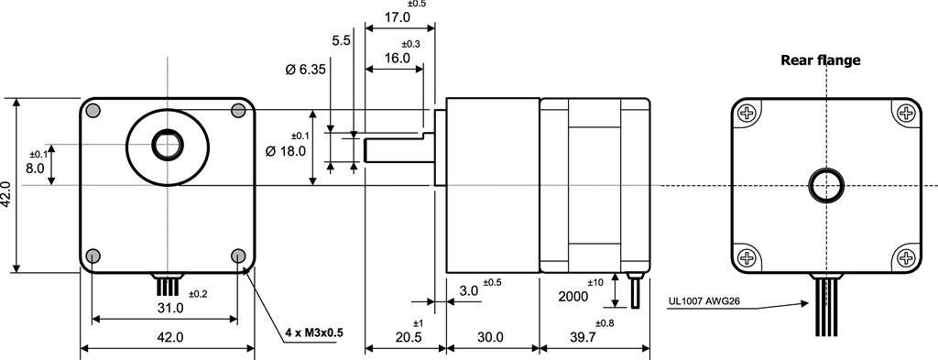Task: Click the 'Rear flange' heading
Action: coord(820,60)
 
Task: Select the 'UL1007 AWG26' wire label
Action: coord(704,301)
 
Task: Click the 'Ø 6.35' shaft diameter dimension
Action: coord(305,70)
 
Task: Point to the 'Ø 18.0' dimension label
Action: coord(286,151)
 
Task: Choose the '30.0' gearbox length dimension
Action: coord(491,337)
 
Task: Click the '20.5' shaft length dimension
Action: coord(409,337)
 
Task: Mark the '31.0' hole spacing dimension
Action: coord(170,308)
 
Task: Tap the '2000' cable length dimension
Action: coord(573,296)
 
